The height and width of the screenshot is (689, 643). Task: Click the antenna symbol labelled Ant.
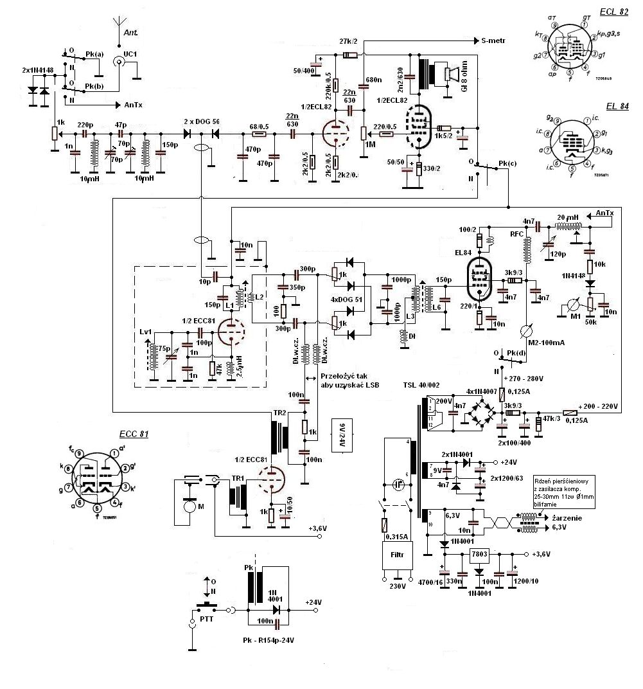[119, 26]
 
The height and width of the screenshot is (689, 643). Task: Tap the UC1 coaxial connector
[119, 62]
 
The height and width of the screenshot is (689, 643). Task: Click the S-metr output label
[493, 40]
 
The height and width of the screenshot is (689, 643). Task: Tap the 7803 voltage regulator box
[479, 554]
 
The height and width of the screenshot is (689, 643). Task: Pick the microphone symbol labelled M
[189, 506]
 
